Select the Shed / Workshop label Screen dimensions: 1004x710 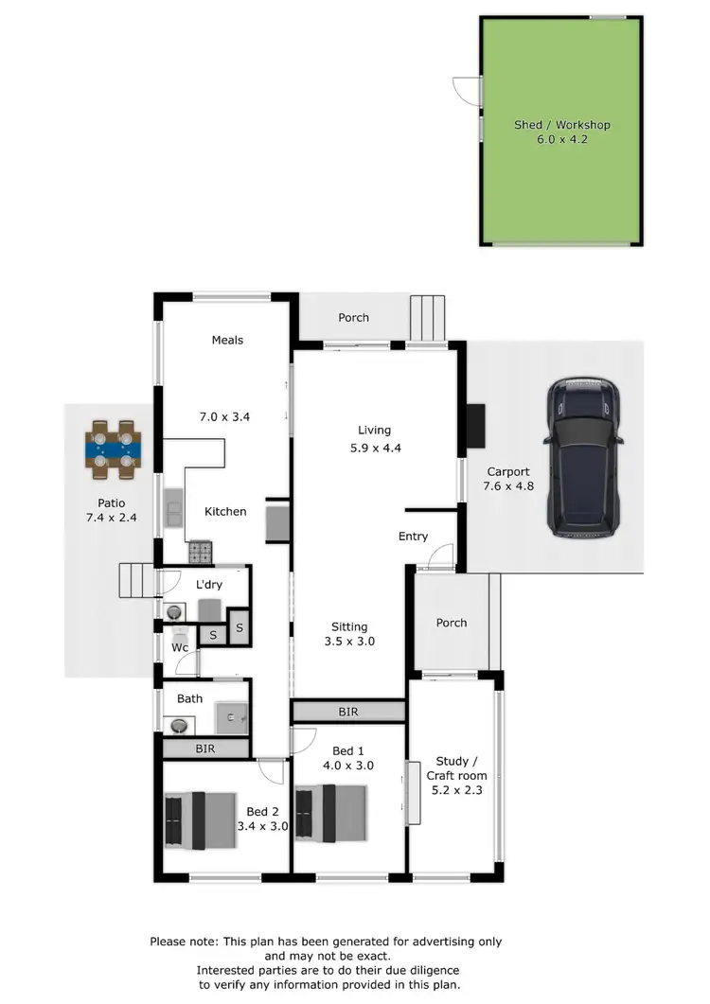pos(561,125)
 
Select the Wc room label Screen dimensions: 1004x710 pos(180,648)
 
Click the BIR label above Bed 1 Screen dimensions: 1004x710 pos(349,712)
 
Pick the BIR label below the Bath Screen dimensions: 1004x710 pos(205,749)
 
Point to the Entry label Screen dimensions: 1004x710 pos(413,537)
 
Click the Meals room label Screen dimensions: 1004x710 pos(227,340)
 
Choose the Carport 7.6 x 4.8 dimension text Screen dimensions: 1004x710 pos(507,488)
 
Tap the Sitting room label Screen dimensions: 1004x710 pos(349,626)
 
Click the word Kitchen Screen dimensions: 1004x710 pos(225,511)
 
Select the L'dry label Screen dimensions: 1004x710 pos(209,585)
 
